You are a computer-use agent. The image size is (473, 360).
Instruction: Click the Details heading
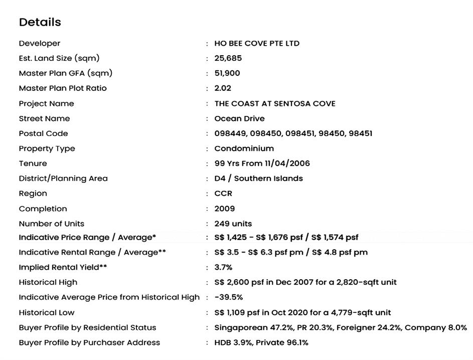pos(40,22)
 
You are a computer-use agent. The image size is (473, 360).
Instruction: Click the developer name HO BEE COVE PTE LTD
pos(257,43)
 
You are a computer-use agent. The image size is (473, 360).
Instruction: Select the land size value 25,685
pos(228,58)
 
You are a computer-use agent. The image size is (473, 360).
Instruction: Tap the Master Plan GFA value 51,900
pos(227,73)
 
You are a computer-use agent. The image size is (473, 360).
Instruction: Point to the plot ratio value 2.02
pos(223,88)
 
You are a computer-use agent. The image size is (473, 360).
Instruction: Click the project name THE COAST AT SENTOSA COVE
pos(275,103)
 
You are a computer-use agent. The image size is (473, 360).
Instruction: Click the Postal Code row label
pos(43,134)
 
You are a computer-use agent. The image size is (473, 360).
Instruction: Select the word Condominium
pos(244,149)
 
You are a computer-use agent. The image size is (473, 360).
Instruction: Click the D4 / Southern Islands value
pos(258,179)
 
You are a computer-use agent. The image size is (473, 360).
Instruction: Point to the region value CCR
pos(223,194)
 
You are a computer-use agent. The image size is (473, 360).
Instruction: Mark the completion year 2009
pos(224,209)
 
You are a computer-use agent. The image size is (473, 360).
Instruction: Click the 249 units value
pos(233,224)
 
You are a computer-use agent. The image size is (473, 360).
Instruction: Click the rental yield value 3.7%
pos(223,268)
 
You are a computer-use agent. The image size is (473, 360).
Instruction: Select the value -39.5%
pos(228,297)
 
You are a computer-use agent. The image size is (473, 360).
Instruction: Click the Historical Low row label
pos(47,312)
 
